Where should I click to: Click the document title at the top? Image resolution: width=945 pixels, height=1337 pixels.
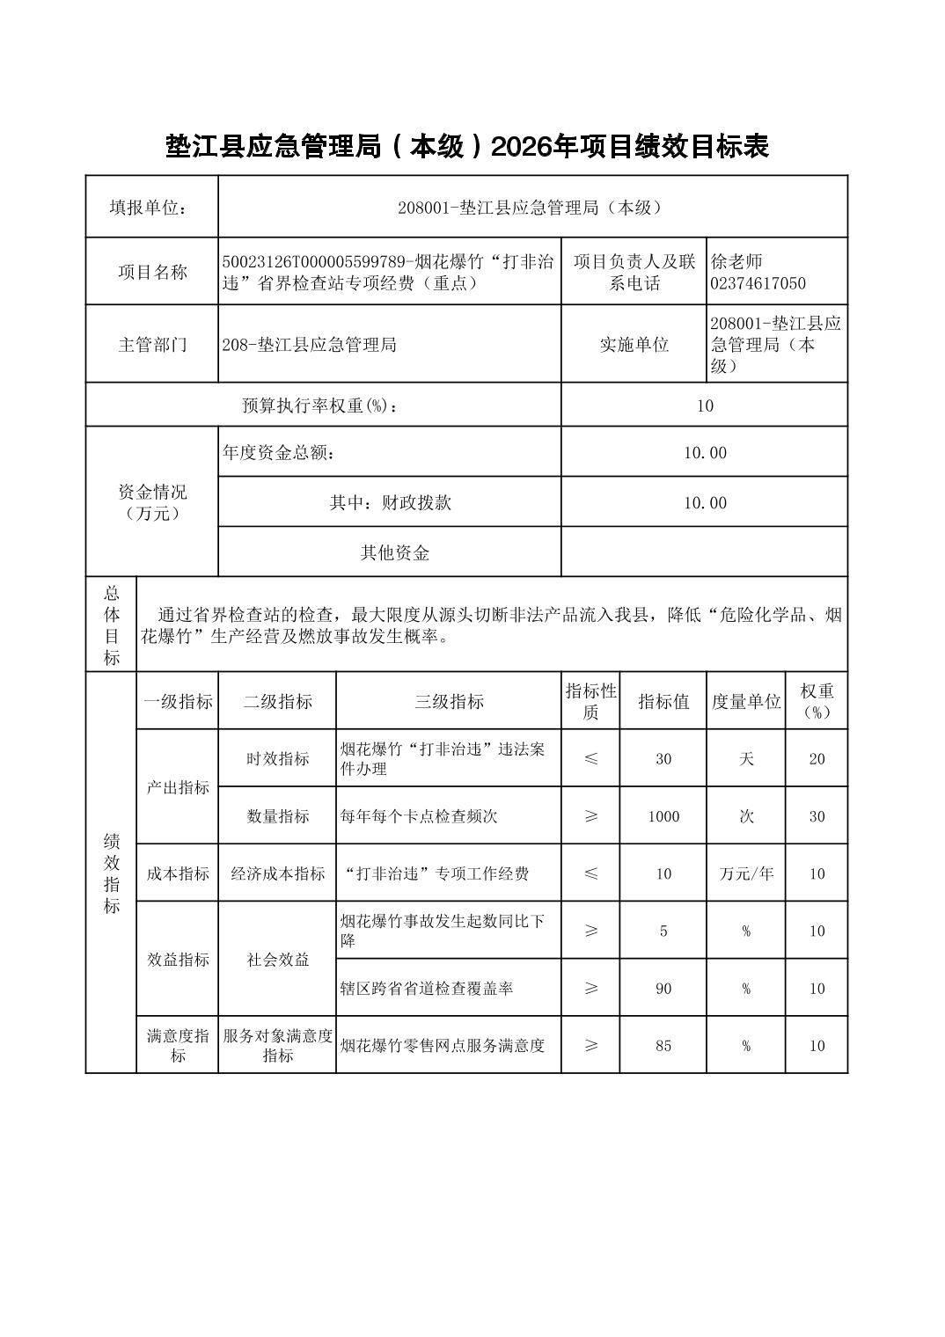coord(467,147)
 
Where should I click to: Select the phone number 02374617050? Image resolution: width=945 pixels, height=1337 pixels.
coord(758,283)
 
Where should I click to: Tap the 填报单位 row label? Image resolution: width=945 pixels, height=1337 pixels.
coord(151,208)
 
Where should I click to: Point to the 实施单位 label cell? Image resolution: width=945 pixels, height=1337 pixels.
coord(634,344)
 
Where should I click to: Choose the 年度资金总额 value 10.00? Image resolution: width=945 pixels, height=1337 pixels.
coord(705,452)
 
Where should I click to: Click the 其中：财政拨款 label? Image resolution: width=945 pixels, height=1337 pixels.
coord(390,502)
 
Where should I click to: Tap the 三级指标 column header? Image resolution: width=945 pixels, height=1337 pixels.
coord(449,701)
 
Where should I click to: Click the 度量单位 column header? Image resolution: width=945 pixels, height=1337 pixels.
coord(746,701)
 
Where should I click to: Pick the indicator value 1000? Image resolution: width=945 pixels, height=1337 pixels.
coord(663,816)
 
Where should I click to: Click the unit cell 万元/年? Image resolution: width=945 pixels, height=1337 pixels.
coord(746,873)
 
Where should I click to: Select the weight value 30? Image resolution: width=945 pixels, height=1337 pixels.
coord(817,816)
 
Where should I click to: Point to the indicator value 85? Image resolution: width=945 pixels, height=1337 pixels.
coord(663,1045)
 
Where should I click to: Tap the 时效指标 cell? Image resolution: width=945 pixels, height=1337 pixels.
coord(277,758)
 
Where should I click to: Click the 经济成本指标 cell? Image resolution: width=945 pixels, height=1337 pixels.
coord(277,873)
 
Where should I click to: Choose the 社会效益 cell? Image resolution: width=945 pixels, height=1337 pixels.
coord(277,960)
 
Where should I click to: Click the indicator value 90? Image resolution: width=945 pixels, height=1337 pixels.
coord(663,989)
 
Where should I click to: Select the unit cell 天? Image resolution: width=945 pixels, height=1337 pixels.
coord(746,758)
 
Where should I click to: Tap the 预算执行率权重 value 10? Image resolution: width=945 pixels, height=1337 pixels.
coord(705,405)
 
